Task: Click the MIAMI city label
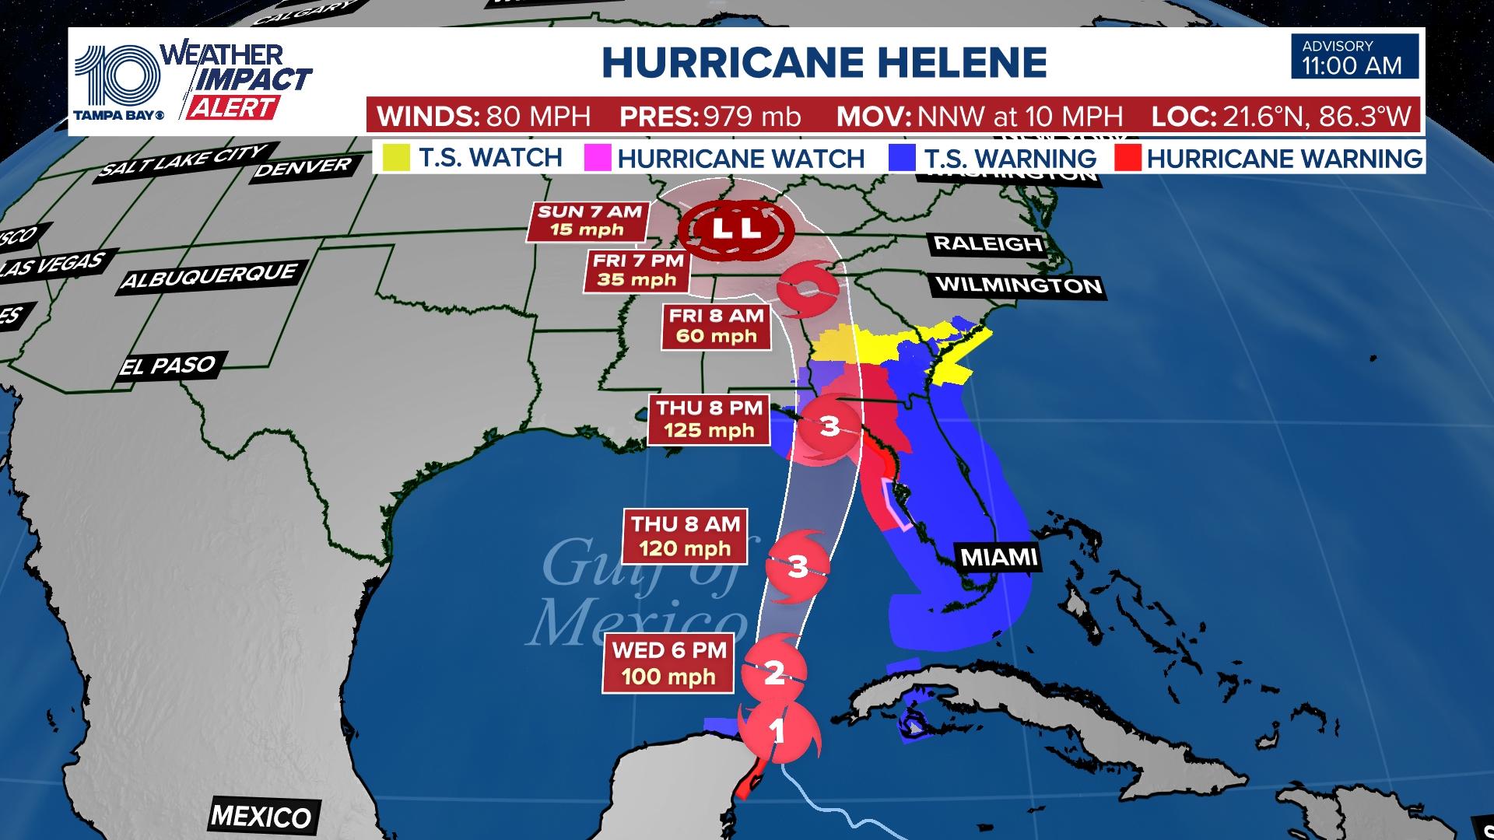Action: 1000,557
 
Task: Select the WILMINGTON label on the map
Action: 1019,285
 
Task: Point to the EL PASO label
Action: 168,365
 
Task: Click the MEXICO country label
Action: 261,816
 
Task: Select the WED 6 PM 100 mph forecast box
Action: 669,663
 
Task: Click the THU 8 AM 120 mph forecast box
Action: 686,536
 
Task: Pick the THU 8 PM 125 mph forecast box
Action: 709,418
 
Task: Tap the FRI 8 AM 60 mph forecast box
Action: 717,326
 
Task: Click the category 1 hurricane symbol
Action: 777,731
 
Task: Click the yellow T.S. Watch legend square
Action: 396,158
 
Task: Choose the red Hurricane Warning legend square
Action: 1128,158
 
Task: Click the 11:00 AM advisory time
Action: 1352,65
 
